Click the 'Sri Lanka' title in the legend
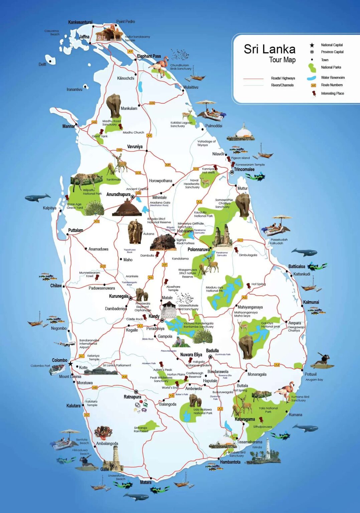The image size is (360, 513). (x=269, y=49)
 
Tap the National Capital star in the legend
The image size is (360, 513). (x=312, y=45)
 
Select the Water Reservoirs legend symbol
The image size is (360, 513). (x=312, y=78)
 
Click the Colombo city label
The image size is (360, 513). (x=59, y=360)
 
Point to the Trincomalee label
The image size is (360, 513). (x=244, y=170)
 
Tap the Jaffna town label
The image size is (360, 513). (x=84, y=37)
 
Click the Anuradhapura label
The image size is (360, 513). (x=118, y=194)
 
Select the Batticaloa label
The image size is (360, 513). (x=297, y=267)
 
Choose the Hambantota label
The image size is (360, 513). (x=230, y=462)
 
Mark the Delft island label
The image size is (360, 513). (x=42, y=64)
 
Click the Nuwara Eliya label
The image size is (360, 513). (x=191, y=355)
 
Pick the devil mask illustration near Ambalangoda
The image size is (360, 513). (x=103, y=432)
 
